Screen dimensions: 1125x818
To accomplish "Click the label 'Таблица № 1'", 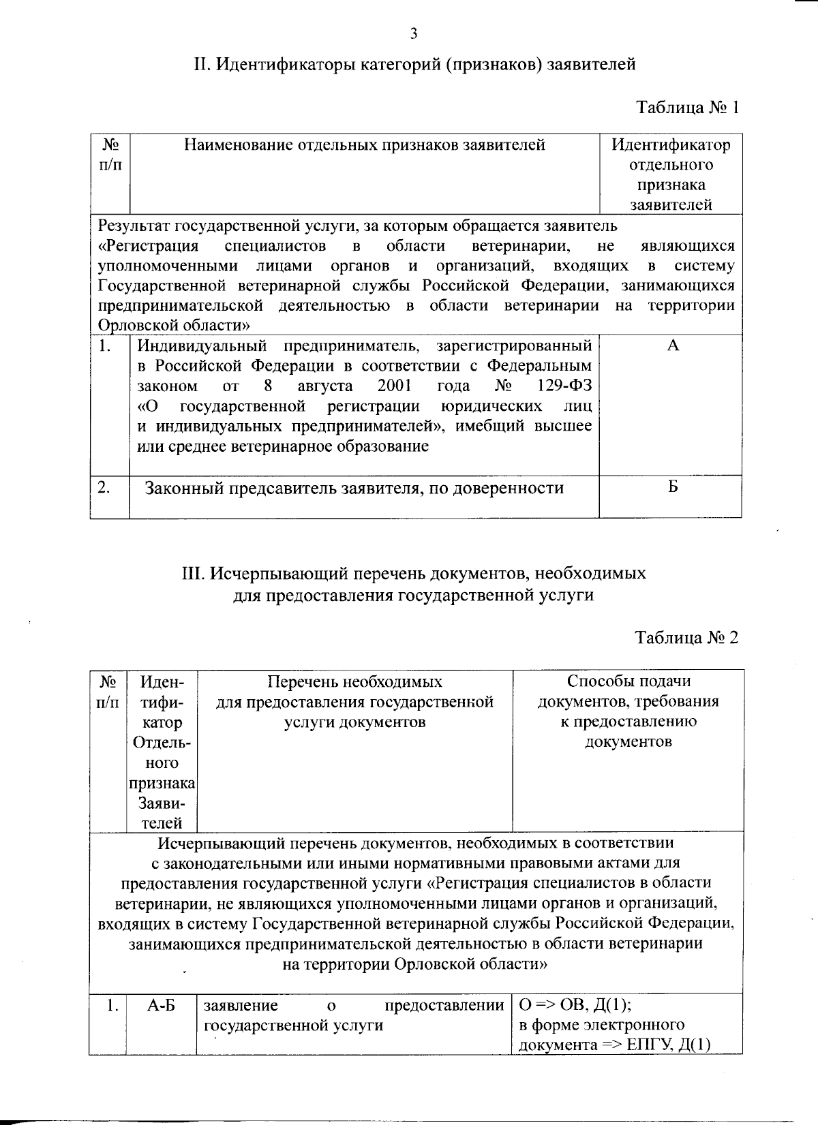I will tap(687, 108).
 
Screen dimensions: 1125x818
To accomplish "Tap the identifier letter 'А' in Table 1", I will tap(673, 346).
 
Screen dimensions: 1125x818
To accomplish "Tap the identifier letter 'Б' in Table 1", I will tap(673, 487).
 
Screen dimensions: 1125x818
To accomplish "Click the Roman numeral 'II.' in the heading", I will tap(204, 65).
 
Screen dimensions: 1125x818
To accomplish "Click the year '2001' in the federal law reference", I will tap(395, 386).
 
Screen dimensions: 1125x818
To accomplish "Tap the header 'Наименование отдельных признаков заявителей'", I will tap(364, 145).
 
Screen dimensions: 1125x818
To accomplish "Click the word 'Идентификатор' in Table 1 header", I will tap(671, 145).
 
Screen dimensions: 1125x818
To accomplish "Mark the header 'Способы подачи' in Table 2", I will tap(628, 681).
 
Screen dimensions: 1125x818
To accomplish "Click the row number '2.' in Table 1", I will tap(104, 488).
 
